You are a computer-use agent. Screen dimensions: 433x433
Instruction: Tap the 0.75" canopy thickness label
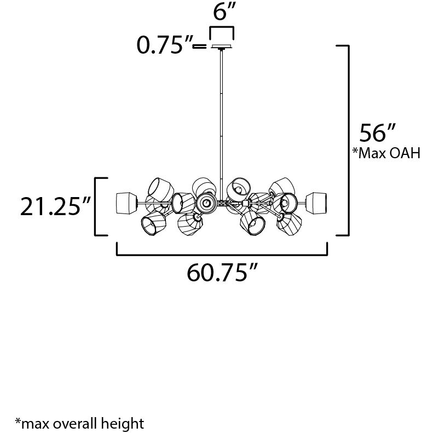163,46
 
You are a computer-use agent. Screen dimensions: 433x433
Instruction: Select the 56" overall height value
377,134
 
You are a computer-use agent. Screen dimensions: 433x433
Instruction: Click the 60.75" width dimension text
222,272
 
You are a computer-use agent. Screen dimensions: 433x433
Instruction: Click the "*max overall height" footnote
79,423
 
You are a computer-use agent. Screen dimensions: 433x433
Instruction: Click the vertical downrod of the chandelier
222,120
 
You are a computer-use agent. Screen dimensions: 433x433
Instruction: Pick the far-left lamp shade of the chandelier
126,203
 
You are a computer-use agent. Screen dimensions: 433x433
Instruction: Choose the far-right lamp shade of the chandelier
317,203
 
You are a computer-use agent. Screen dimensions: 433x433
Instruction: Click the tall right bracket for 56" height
347,140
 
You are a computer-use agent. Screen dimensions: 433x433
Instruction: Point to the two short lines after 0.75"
200,47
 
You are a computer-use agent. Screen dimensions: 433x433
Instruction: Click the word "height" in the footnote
125,423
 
